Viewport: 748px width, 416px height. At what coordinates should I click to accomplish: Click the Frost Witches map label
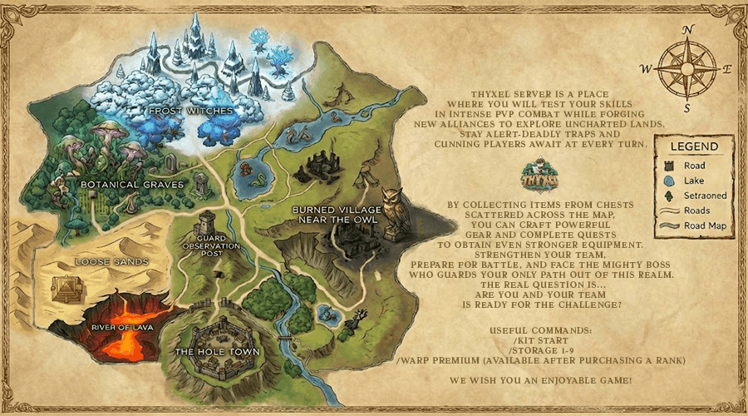click(x=190, y=110)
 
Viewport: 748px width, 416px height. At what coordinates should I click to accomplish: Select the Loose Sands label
click(x=111, y=262)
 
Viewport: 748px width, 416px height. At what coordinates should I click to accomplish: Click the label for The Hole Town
click(x=218, y=352)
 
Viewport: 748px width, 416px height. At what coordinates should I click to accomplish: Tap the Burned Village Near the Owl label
click(x=337, y=215)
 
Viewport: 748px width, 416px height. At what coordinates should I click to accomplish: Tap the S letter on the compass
click(x=686, y=108)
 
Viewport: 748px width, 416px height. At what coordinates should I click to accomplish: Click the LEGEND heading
click(x=696, y=147)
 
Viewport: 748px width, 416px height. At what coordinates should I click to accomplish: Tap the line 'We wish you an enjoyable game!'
click(x=540, y=380)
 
